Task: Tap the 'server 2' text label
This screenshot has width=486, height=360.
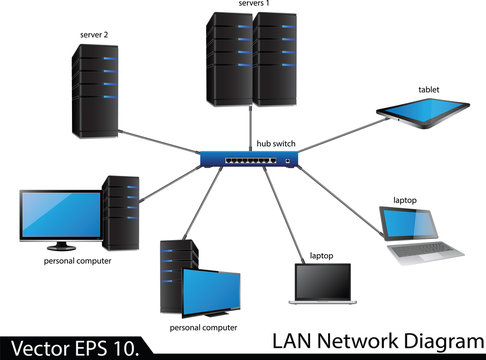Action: tap(94, 35)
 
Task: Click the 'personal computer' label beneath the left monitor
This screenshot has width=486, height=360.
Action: tap(77, 261)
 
